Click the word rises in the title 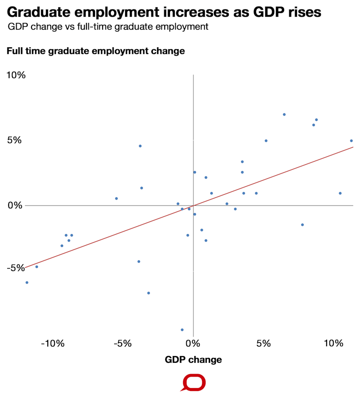(x=302, y=11)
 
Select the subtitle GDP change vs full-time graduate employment (x=108, y=27)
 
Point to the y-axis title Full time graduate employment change (x=95, y=51)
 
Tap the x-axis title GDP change (x=193, y=360)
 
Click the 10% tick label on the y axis (x=16, y=75)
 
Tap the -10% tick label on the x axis (x=53, y=344)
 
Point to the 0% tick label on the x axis (x=193, y=344)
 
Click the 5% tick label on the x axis (x=264, y=344)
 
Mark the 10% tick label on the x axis (x=333, y=344)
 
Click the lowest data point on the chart (x=182, y=330)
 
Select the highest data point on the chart (x=284, y=115)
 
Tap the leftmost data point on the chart (x=27, y=282)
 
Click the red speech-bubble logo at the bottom (x=193, y=383)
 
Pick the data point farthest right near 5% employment (x=351, y=141)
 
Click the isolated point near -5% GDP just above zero (x=116, y=198)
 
